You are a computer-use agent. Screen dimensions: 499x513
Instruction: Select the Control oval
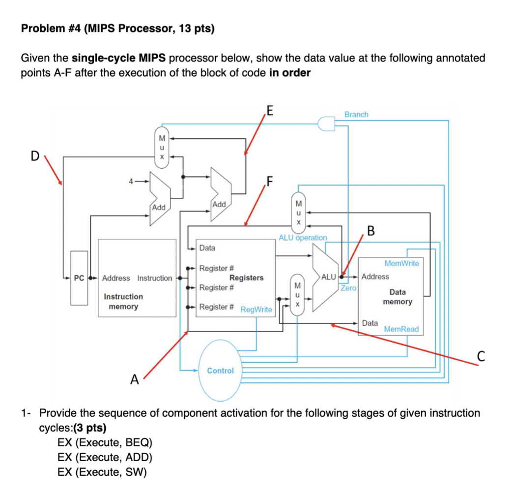[x=220, y=371]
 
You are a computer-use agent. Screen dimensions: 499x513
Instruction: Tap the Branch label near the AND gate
[x=356, y=114]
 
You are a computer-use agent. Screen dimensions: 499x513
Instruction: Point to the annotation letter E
[x=269, y=109]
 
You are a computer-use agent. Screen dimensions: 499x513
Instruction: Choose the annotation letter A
[x=134, y=380]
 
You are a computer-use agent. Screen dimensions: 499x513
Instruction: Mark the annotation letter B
[x=370, y=230]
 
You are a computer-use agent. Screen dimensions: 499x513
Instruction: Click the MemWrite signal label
[x=401, y=263]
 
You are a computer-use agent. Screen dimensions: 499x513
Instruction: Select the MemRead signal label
[x=401, y=329]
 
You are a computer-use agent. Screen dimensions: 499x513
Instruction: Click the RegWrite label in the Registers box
[x=256, y=310]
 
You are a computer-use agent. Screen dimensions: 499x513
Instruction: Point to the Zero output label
[x=348, y=288]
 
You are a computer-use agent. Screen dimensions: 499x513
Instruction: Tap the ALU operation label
[x=303, y=238]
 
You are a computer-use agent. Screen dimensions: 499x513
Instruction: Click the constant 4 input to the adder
[x=131, y=182]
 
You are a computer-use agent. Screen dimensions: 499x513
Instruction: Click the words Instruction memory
[x=123, y=302]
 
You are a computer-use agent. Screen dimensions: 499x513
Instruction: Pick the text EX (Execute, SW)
[x=102, y=472]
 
